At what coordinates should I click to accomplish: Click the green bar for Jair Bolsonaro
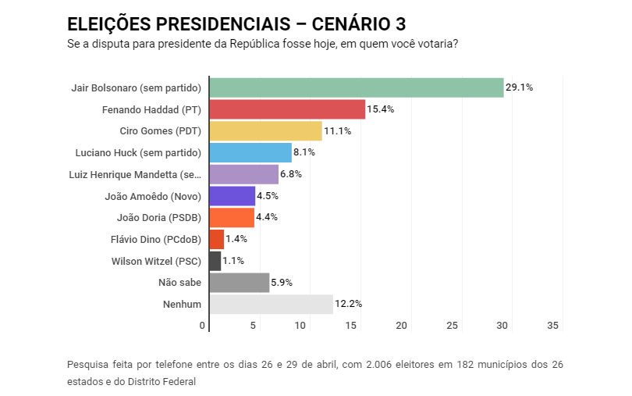(x=356, y=87)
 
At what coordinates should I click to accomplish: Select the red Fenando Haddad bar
(x=287, y=109)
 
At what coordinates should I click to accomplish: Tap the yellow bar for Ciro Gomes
(x=265, y=130)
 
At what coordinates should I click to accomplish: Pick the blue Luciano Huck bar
(x=250, y=152)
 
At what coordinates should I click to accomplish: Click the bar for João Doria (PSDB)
(x=232, y=217)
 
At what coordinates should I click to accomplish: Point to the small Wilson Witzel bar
(x=215, y=261)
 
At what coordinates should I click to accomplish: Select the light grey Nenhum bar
(x=271, y=304)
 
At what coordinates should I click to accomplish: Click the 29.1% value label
(x=519, y=87)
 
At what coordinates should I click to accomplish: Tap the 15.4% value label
(x=381, y=109)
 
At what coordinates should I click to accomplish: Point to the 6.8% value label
(x=291, y=174)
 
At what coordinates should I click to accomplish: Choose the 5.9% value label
(x=282, y=283)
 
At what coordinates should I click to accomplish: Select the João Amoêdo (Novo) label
(x=153, y=196)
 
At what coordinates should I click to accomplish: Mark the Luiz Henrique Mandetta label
(x=135, y=174)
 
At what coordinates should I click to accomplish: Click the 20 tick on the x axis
(x=403, y=325)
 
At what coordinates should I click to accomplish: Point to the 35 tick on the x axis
(x=554, y=325)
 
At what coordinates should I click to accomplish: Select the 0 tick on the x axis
(x=203, y=325)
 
